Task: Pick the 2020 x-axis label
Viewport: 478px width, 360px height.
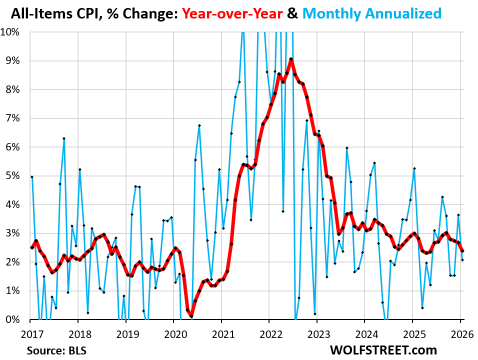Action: (x=173, y=333)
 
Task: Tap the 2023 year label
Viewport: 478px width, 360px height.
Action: (x=316, y=333)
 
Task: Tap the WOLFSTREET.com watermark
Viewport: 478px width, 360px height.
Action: (x=383, y=349)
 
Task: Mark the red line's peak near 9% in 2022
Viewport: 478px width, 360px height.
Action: (x=291, y=59)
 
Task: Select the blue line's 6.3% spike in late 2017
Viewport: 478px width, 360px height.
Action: (x=64, y=138)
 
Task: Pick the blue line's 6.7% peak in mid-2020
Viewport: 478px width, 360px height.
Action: (x=199, y=125)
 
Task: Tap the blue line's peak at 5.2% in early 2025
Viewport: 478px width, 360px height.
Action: (x=414, y=168)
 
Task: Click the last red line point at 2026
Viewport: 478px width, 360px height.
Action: (x=462, y=251)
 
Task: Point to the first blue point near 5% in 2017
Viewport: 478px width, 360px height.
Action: (x=32, y=177)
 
